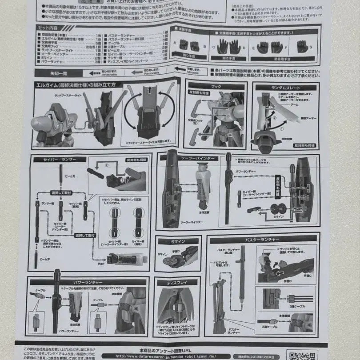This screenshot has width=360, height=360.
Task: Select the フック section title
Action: [x=216, y=86]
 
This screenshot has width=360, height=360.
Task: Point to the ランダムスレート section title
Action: [x=285, y=88]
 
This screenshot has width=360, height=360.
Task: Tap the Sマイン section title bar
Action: [x=177, y=241]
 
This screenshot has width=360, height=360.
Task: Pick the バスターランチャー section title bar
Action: [x=262, y=240]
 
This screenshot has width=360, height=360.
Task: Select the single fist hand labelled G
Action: [x=303, y=46]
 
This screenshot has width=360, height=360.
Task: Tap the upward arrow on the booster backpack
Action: [x=148, y=95]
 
